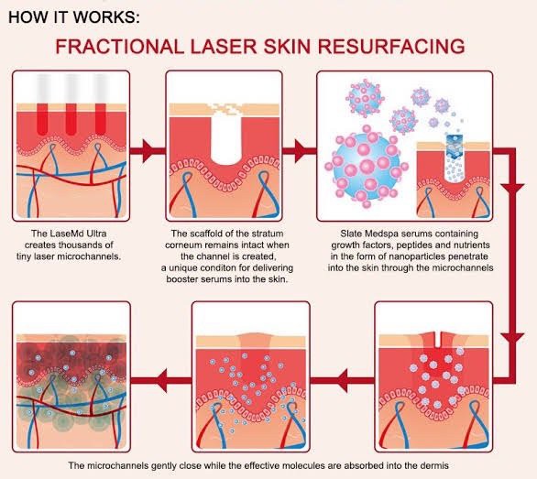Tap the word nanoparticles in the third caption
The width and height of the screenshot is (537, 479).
(x=396, y=259)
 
